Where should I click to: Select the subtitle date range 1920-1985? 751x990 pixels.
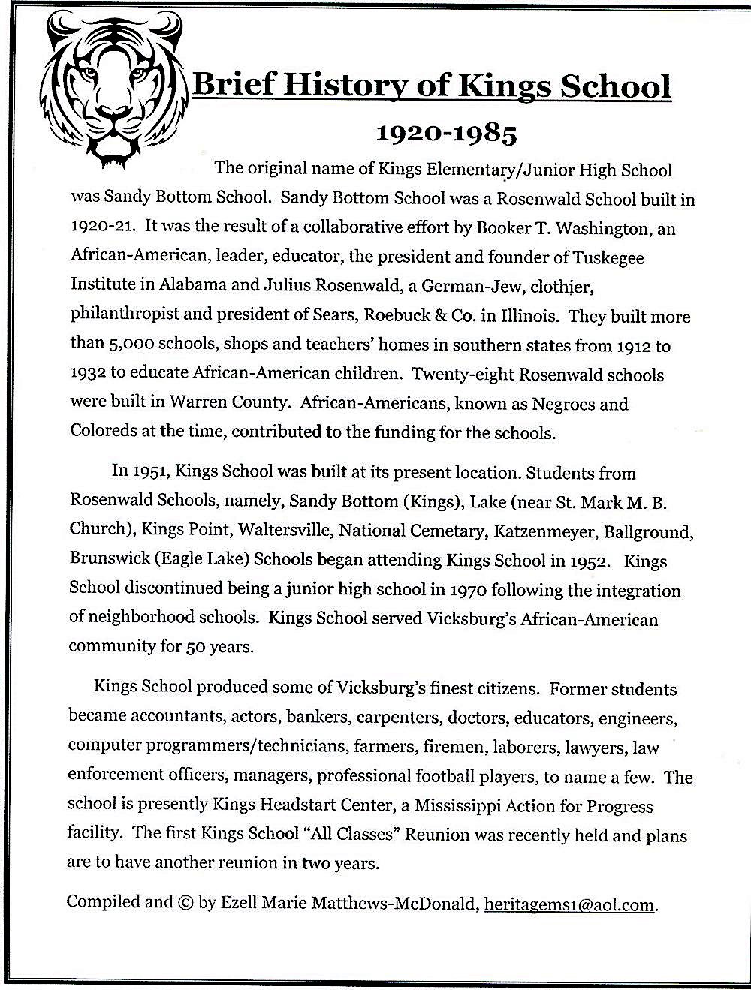446,134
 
